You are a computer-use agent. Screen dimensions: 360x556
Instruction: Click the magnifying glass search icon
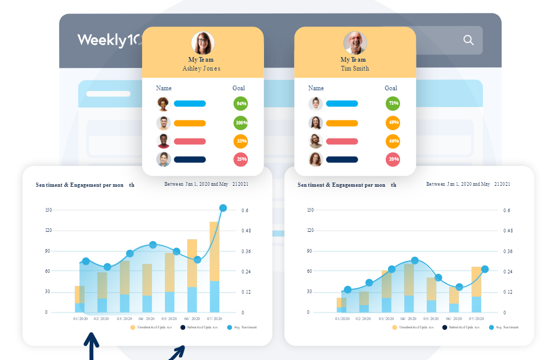click(468, 40)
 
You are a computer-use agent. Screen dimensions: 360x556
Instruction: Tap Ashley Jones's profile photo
click(203, 43)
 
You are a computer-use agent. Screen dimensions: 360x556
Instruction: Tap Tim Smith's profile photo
click(355, 43)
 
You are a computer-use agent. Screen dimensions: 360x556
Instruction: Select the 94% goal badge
click(241, 104)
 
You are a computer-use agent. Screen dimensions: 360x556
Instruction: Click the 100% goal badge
click(241, 123)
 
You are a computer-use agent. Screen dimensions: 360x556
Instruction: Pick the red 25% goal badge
click(241, 159)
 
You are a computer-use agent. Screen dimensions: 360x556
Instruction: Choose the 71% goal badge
click(393, 104)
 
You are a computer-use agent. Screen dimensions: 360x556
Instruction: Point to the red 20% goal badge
click(393, 159)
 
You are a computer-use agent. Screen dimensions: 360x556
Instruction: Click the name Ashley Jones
click(201, 68)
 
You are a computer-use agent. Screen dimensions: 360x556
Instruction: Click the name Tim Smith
click(355, 68)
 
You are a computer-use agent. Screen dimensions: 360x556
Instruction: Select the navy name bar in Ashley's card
click(190, 159)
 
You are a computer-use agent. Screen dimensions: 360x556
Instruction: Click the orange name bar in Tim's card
click(342, 123)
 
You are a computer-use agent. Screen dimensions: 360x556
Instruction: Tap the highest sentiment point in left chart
click(223, 208)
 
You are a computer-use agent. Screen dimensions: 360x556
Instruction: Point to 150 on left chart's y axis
click(49, 210)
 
